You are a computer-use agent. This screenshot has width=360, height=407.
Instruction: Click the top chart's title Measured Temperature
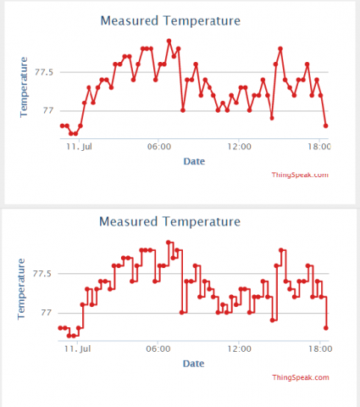(x=170, y=21)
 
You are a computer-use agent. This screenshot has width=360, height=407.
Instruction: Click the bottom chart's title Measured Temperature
(x=169, y=221)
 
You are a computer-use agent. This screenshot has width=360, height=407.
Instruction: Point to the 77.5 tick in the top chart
(x=44, y=72)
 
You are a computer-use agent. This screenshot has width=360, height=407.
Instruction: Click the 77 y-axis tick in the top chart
(x=48, y=110)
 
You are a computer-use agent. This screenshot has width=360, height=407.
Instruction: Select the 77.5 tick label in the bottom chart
(x=42, y=274)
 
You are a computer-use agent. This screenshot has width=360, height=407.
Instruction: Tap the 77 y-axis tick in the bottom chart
(x=47, y=312)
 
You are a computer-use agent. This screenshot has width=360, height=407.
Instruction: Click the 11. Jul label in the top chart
(x=79, y=147)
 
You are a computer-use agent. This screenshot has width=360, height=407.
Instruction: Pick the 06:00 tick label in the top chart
(x=159, y=147)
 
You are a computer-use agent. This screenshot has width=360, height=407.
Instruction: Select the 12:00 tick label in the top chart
(x=239, y=147)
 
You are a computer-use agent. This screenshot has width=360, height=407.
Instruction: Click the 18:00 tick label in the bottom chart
(x=320, y=348)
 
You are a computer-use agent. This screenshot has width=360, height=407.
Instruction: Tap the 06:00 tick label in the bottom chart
(x=158, y=348)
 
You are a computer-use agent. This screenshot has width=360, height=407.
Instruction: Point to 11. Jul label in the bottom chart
(x=77, y=348)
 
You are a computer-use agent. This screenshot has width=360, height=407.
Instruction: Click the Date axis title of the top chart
(x=194, y=161)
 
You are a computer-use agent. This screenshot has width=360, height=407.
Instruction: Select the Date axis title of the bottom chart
(x=193, y=364)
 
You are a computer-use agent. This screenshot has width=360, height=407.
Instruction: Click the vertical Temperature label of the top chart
(x=24, y=87)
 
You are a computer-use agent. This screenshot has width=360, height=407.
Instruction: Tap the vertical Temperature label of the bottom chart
(x=21, y=289)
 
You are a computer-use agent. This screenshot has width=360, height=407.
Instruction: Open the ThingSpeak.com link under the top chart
(x=300, y=175)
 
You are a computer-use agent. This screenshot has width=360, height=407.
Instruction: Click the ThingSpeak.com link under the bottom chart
(x=301, y=377)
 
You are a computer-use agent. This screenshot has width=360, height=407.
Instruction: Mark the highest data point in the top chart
(x=169, y=42)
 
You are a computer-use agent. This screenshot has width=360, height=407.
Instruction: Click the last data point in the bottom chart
(x=326, y=328)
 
